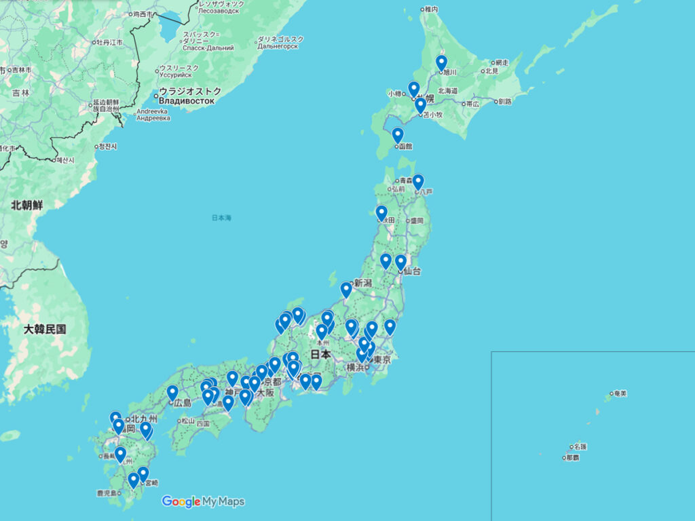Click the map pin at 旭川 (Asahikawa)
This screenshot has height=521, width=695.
pyautogui.click(x=441, y=63)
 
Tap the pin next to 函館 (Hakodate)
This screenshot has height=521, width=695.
pyautogui.click(x=398, y=135)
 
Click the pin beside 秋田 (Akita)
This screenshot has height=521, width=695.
pyautogui.click(x=381, y=213)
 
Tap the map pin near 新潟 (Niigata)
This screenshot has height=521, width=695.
pyautogui.click(x=346, y=290)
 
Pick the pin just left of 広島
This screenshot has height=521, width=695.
pyautogui.click(x=172, y=393)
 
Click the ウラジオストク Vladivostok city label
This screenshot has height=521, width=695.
pyautogui.click(x=187, y=95)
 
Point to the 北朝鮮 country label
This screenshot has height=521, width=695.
pyautogui.click(x=26, y=204)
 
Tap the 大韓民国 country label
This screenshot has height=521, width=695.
pyautogui.click(x=45, y=329)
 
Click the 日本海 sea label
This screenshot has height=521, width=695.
pyautogui.click(x=221, y=218)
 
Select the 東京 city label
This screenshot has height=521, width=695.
pyautogui.click(x=381, y=360)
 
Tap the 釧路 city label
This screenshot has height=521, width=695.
pyautogui.click(x=505, y=102)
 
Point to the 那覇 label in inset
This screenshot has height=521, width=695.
pyautogui.click(x=573, y=458)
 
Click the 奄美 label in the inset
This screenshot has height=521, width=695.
pyautogui.click(x=619, y=393)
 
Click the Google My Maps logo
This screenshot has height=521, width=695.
pyautogui.click(x=203, y=502)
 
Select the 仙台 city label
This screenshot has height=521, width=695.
pyautogui.click(x=411, y=271)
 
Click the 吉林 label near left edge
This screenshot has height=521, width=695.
pyautogui.click(x=20, y=93)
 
